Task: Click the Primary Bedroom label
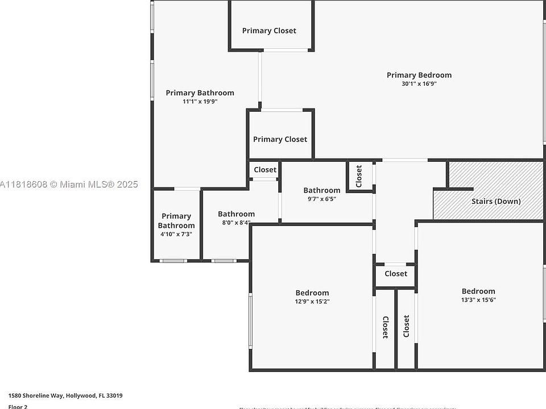point(419,75)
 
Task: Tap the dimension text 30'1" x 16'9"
point(419,84)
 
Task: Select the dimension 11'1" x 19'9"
point(200,102)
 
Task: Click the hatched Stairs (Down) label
point(496,201)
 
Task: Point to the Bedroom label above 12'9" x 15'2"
point(312,293)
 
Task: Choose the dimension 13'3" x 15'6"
point(478,300)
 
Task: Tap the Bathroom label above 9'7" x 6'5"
point(321,190)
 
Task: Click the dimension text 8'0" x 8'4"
point(236,223)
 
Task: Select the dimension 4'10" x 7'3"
point(176,234)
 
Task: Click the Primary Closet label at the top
point(269,31)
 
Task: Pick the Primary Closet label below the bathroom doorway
point(280,139)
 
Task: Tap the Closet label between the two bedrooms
point(396,274)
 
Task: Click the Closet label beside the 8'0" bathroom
point(265,169)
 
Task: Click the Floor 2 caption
point(18,406)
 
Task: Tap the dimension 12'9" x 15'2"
point(312,302)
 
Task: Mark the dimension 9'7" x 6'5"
point(321,199)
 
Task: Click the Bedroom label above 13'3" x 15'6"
point(478,291)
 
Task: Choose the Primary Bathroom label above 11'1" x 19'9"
point(200,93)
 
